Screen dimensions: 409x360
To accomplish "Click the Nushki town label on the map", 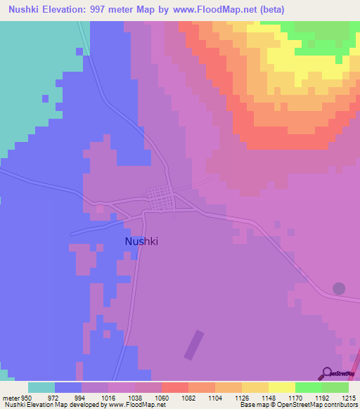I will tap(141, 241).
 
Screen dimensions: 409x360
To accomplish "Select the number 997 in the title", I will tap(117, 10).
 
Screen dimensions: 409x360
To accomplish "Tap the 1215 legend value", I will tap(349, 397).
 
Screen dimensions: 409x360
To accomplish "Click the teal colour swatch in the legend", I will tap(41, 387).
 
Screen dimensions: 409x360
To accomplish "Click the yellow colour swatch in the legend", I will tap(282, 387).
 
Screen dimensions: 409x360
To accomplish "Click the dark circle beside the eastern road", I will tap(339, 288).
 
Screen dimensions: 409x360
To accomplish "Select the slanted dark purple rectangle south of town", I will tap(193, 344).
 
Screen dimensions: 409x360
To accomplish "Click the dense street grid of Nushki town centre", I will tap(161, 199).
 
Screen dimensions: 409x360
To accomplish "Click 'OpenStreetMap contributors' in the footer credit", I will tap(318, 405).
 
